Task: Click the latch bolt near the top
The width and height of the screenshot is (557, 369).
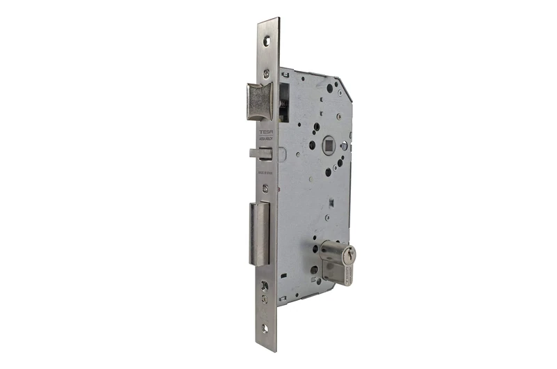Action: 258,101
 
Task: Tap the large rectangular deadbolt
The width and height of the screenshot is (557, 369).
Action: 259,233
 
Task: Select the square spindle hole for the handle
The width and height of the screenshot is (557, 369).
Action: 330,146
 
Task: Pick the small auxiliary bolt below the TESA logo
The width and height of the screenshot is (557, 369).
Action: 258,153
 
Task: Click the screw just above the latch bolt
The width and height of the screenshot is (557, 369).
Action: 266,72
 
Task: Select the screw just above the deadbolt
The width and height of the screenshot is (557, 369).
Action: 265,188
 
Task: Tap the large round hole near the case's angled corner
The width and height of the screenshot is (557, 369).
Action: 329,89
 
